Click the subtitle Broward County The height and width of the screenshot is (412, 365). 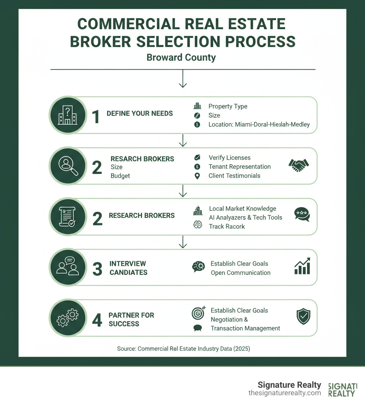181,57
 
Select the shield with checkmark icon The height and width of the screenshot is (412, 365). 303,317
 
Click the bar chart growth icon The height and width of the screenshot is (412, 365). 302,266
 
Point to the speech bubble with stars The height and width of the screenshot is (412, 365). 302,214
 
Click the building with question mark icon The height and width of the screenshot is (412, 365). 68,115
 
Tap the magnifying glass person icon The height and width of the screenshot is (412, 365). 68,166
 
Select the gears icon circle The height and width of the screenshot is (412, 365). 68,318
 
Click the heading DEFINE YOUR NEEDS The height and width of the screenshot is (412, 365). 140,114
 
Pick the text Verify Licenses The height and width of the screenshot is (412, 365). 230,157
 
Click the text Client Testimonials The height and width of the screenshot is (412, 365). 234,176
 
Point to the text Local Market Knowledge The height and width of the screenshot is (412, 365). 242,208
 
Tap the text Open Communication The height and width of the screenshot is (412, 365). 241,273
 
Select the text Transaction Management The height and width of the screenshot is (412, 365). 245,328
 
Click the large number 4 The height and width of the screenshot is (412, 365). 97,320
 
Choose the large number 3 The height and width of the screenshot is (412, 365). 97,269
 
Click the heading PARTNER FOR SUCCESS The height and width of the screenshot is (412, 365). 132,320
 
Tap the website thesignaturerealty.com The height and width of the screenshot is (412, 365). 284,393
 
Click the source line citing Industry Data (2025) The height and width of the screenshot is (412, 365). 184,349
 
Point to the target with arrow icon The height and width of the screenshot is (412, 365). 199,313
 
